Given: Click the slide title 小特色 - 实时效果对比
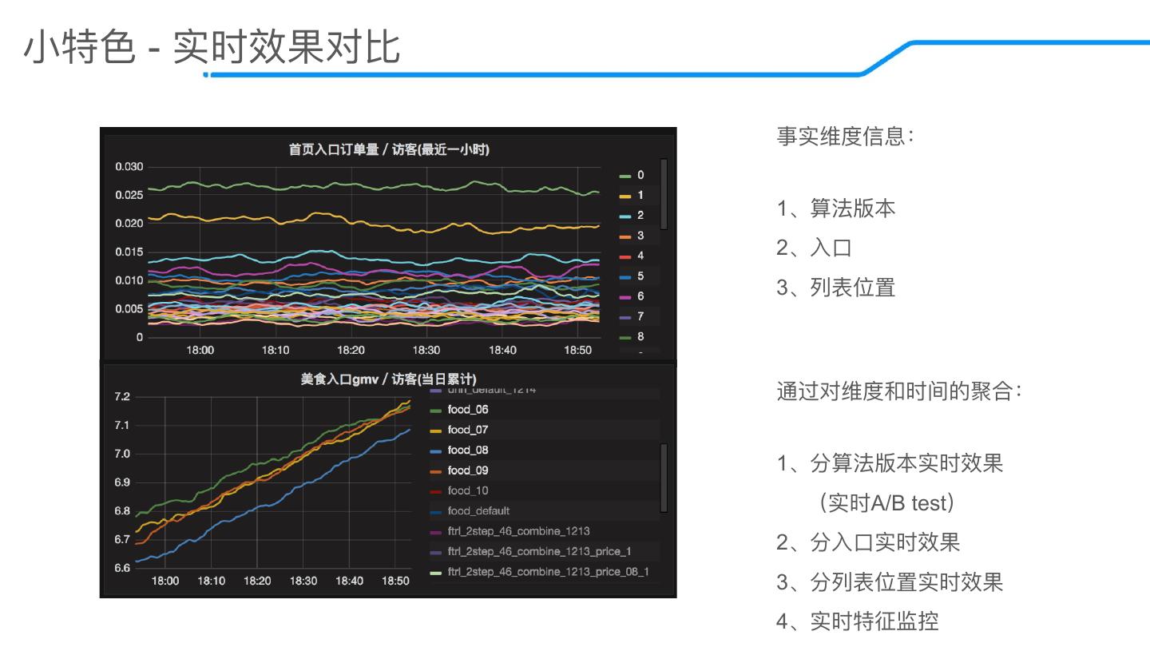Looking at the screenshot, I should [x=212, y=47].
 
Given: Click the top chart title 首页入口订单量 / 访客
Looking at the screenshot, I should [x=389, y=149].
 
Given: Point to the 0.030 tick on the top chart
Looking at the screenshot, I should [x=128, y=167].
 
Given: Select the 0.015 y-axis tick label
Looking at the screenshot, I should [x=128, y=252].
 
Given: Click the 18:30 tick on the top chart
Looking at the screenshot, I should [x=426, y=350].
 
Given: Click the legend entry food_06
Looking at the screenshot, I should [x=467, y=410].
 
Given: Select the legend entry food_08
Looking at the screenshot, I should [x=467, y=450].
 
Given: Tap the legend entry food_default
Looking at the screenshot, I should [x=478, y=511].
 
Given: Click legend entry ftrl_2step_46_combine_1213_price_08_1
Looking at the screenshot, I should [x=548, y=571].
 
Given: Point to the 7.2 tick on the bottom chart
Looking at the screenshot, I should [x=121, y=397].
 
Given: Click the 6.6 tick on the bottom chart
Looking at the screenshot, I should [x=121, y=568].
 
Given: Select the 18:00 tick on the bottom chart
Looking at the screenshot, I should [x=165, y=581].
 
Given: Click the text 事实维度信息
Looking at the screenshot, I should [x=845, y=136].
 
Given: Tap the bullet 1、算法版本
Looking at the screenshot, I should [x=836, y=208].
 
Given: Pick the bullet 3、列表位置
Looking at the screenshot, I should [x=836, y=287].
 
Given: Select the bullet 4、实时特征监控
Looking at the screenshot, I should [x=858, y=621].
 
